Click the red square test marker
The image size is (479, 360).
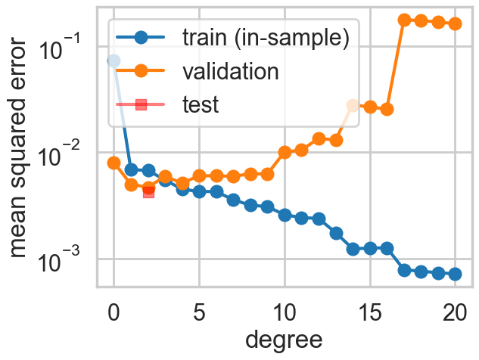tap(148, 191)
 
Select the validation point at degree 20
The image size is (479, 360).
tap(455, 24)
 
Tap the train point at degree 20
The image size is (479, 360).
tap(455, 274)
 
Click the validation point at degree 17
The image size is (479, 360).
tap(404, 20)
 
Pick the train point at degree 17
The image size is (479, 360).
tap(404, 270)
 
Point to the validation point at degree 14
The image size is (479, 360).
tap(353, 106)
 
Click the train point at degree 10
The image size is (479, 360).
tap(285, 215)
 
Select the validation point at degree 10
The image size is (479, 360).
tap(285, 152)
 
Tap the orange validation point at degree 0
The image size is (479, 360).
tap(114, 163)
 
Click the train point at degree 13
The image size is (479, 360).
tap(336, 234)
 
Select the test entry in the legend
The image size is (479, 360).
tap(200, 104)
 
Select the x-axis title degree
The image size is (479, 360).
tap(285, 340)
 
